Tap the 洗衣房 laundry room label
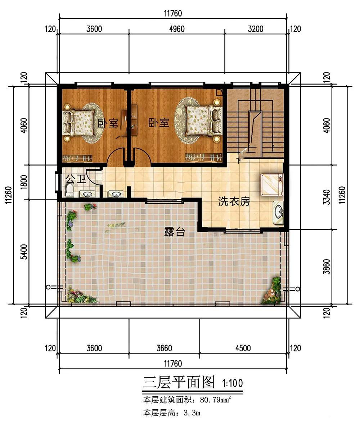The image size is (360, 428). tap(234, 202)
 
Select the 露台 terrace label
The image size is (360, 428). tap(175, 232)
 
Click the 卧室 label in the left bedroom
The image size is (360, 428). tap(108, 123)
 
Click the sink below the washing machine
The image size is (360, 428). tap(278, 212)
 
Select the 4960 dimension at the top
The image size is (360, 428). tap(177, 29)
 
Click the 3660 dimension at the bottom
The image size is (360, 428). tap(164, 348)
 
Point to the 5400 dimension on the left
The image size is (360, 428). tap(24, 252)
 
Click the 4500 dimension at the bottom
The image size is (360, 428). tap(243, 348)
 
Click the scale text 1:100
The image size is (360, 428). tap(232, 383)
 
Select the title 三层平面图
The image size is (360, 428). tap(179, 382)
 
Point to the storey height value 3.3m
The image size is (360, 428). tap(192, 413)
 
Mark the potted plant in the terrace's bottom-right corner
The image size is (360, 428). tap(271, 291)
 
